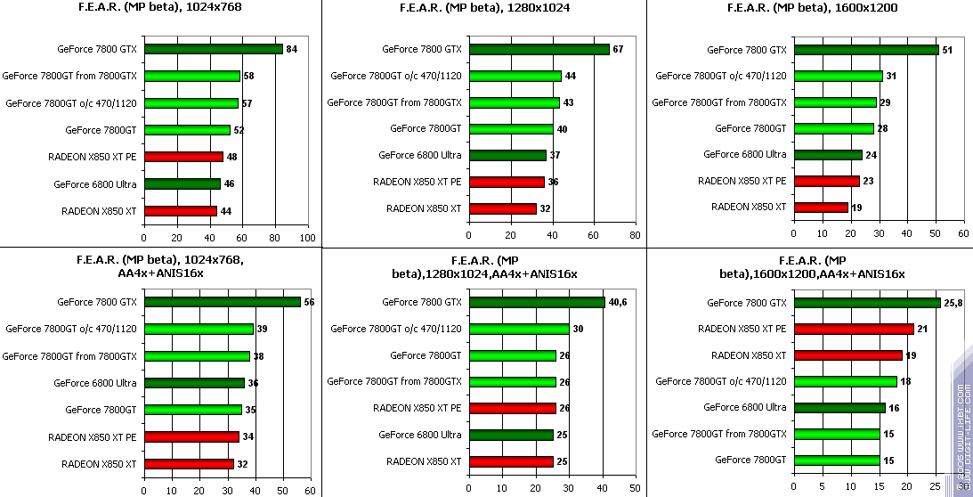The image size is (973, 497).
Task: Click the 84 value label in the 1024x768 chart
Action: [291, 49]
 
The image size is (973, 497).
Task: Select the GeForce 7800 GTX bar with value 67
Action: [539, 49]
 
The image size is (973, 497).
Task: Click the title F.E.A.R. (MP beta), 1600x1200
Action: [812, 7]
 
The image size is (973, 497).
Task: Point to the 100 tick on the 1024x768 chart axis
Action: [307, 238]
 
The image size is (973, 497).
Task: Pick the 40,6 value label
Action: [619, 302]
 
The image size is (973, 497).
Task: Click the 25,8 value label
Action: [953, 303]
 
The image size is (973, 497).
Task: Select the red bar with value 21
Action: [854, 329]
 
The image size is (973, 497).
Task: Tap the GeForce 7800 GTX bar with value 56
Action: [222, 302]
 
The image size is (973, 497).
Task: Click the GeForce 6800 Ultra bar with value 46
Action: [182, 184]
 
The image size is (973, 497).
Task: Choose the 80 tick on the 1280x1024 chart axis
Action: [633, 235]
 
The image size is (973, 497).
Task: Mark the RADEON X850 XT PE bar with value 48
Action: [183, 157]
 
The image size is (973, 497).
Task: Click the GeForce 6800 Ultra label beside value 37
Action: [419, 155]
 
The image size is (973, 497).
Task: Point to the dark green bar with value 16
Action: [839, 408]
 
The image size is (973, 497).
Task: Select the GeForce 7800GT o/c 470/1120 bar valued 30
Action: [519, 329]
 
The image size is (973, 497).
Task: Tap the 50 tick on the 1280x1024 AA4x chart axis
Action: [633, 489]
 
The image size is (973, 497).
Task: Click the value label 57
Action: [247, 103]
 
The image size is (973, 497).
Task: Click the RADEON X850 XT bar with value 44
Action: [180, 211]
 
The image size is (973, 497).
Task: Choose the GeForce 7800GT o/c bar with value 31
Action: [838, 76]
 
